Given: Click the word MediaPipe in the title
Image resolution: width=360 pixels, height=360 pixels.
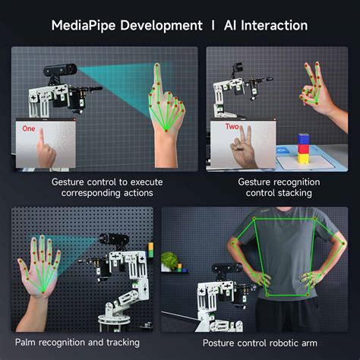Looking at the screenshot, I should point(83,25).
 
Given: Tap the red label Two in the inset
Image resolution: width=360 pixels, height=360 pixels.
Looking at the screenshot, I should point(232,128).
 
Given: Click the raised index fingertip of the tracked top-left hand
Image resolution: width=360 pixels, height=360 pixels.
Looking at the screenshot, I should point(158,66).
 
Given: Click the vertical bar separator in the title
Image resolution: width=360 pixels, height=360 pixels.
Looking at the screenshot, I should point(213,25).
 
